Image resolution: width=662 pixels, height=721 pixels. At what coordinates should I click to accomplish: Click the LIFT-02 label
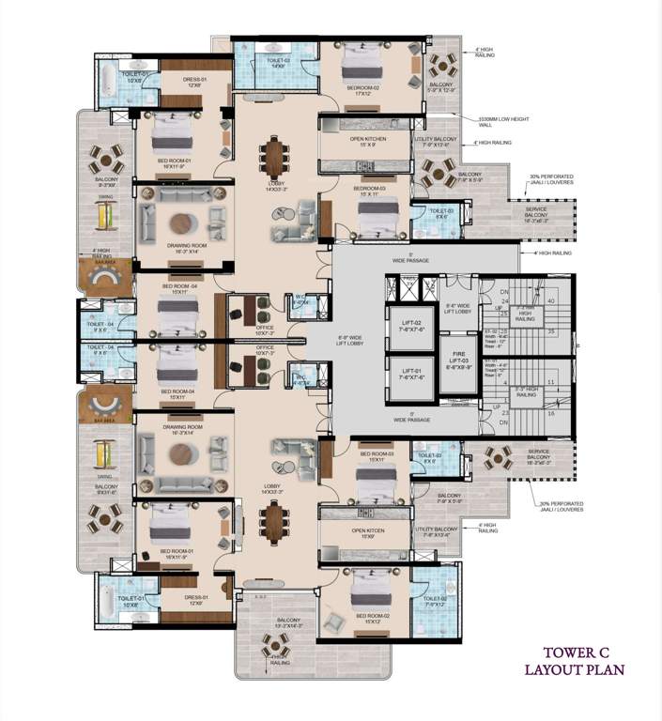(411, 325)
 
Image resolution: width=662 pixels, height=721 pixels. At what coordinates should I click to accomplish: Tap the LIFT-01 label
(411, 374)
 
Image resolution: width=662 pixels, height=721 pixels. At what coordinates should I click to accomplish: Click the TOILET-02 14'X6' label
(278, 64)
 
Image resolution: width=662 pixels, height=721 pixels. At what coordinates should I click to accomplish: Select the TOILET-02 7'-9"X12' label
(434, 601)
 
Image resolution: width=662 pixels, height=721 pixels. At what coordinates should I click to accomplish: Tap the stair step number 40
(551, 300)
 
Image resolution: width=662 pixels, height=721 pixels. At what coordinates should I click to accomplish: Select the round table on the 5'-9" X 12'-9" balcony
(439, 65)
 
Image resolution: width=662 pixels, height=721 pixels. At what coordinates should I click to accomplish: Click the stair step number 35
(551, 331)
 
